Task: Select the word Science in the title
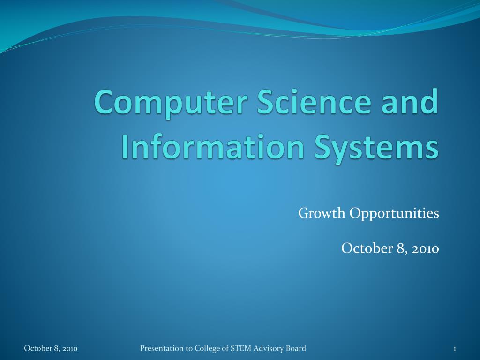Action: (314, 101)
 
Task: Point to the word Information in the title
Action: (213, 146)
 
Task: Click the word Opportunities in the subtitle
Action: (394, 214)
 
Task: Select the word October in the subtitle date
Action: (367, 248)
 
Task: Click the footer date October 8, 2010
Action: (51, 348)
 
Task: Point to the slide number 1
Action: (455, 349)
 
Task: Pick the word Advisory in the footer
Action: (269, 349)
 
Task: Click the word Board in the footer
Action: (296, 348)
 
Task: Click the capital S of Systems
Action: (324, 146)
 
